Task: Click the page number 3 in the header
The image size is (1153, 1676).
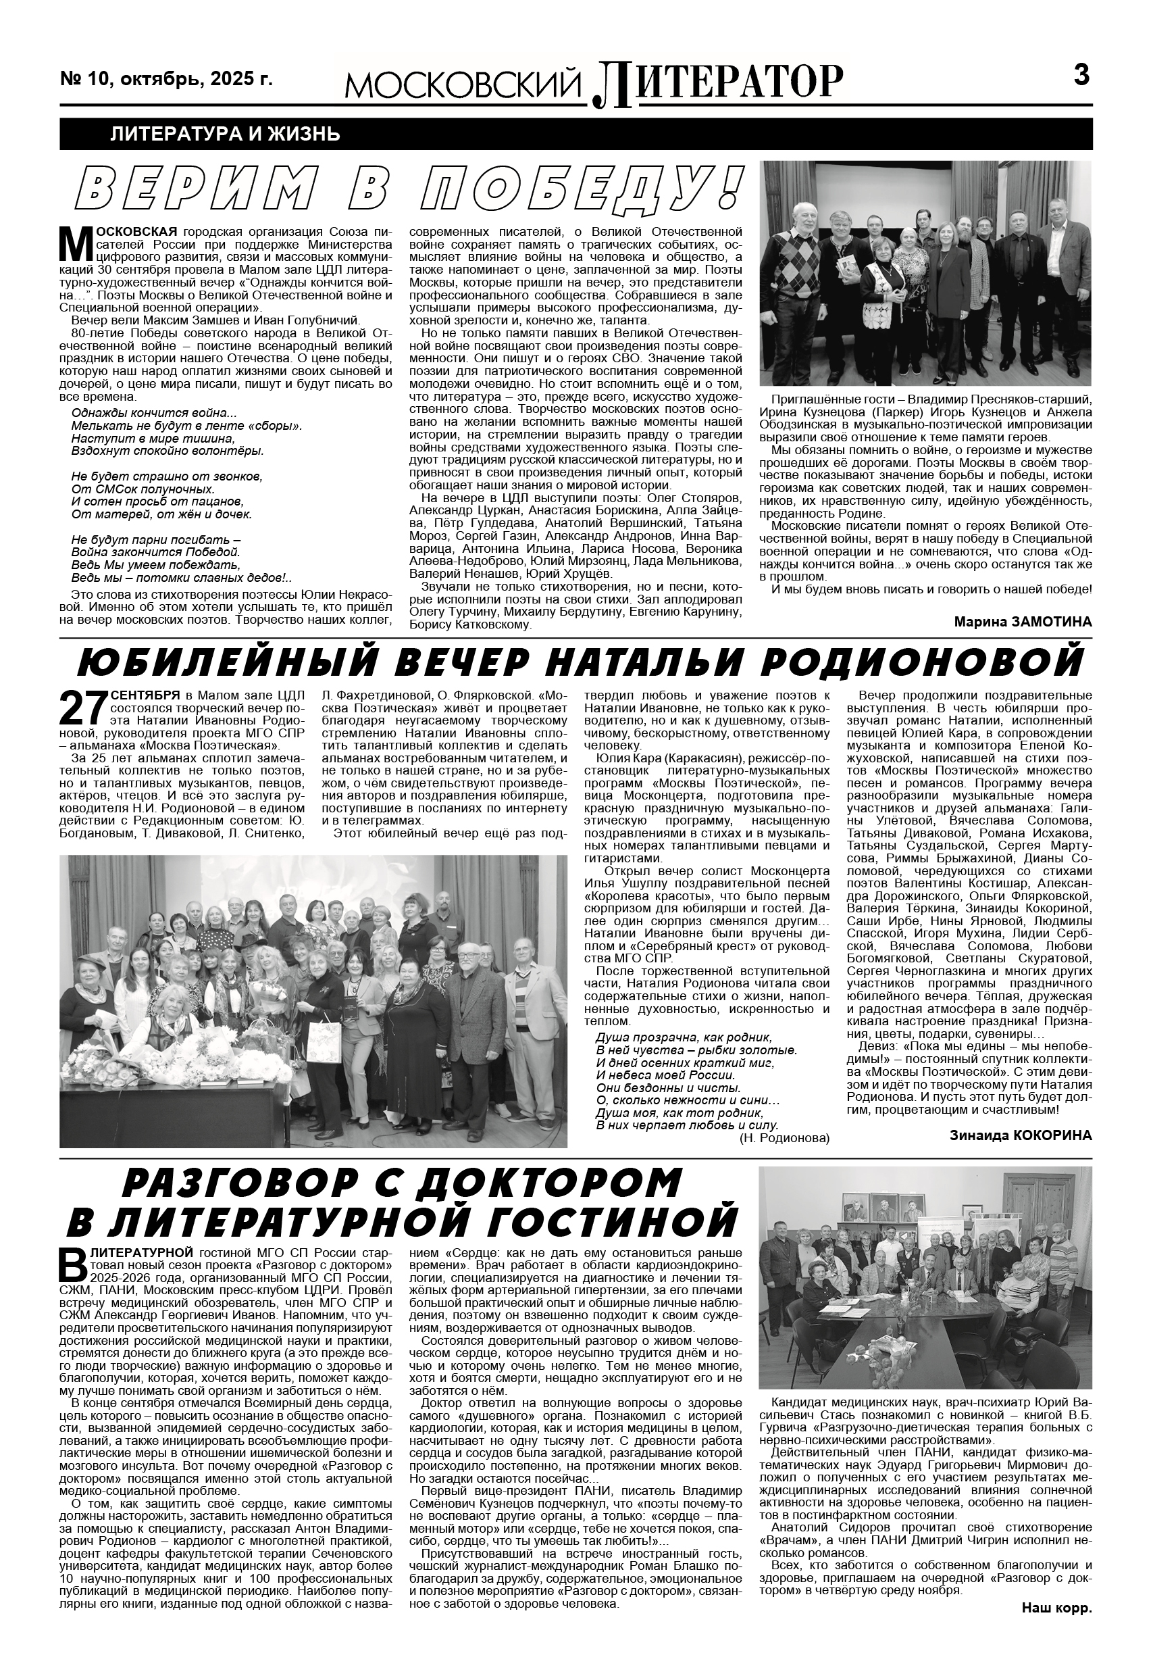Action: pyautogui.click(x=1081, y=75)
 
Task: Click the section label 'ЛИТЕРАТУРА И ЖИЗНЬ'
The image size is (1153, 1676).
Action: pyautogui.click(x=226, y=134)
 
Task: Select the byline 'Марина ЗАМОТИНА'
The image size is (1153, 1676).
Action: pyautogui.click(x=1023, y=622)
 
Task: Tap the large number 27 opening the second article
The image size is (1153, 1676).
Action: pyautogui.click(x=82, y=709)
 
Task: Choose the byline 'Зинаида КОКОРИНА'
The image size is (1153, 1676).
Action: pyautogui.click(x=1021, y=1135)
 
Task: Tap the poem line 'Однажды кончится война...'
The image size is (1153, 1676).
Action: pyautogui.click(x=154, y=414)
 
